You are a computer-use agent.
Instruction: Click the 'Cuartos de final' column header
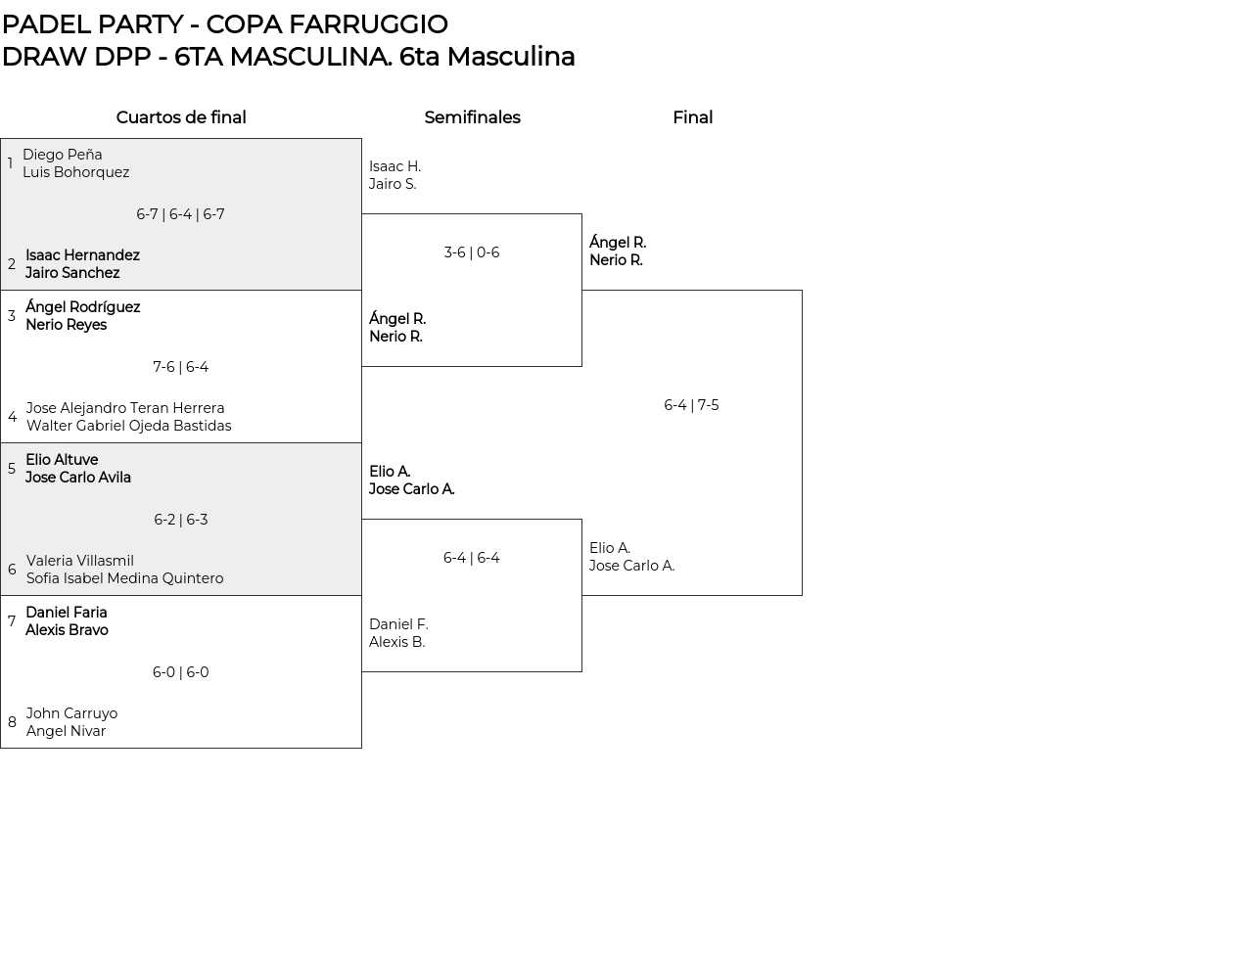click(x=181, y=117)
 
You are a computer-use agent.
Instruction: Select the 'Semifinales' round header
click(x=472, y=117)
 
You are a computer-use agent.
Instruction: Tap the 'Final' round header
click(x=692, y=117)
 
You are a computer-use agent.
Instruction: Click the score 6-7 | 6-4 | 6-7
click(x=180, y=214)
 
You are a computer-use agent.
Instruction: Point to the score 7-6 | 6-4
click(x=180, y=367)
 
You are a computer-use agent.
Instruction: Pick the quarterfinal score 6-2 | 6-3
click(x=180, y=520)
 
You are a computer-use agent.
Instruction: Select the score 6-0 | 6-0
click(x=180, y=672)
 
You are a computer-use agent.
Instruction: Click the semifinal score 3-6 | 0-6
click(x=471, y=252)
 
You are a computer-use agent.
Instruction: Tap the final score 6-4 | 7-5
click(x=691, y=405)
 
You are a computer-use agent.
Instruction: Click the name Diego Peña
click(x=62, y=155)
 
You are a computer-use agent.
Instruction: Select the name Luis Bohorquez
click(x=75, y=172)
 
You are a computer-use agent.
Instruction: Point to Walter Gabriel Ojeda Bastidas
click(x=128, y=426)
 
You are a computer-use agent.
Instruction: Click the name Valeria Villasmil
click(x=79, y=561)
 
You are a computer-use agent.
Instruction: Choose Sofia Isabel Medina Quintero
click(x=124, y=578)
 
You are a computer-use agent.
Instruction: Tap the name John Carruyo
click(x=71, y=713)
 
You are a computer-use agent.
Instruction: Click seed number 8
click(x=12, y=722)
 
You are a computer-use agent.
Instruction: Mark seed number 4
click(x=12, y=417)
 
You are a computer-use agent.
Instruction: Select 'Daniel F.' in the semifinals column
click(x=398, y=624)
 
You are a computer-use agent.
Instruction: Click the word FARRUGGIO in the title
click(x=382, y=23)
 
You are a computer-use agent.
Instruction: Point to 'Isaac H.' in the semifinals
click(x=394, y=166)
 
